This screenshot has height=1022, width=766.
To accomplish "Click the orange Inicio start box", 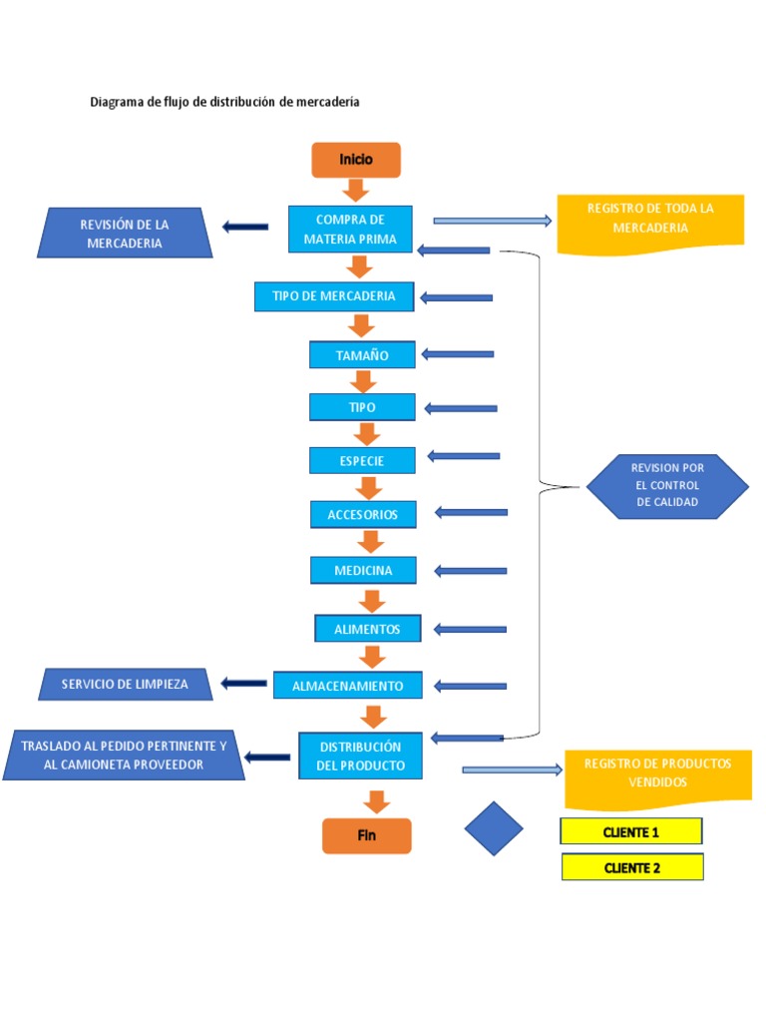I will (356, 160).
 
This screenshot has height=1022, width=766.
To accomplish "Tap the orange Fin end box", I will (366, 835).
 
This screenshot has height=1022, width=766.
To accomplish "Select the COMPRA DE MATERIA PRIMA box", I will (350, 230).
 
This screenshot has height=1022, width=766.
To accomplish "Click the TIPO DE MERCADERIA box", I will (333, 296).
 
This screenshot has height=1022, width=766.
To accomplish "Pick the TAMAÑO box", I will (362, 354).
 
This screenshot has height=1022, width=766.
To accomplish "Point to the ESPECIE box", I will (361, 460).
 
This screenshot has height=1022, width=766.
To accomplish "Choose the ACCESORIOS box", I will (362, 515).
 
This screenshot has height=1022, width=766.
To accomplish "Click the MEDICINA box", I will (363, 571).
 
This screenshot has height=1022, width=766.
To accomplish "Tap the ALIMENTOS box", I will (367, 629).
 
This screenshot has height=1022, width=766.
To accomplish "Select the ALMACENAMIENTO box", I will (347, 686).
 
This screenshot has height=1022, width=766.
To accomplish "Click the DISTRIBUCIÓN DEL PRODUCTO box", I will (360, 757).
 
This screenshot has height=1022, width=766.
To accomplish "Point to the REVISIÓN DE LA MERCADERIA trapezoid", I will (125, 234).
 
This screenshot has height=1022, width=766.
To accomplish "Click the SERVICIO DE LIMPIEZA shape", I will (125, 685).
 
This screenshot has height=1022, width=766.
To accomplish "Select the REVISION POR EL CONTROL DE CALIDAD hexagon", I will (667, 486).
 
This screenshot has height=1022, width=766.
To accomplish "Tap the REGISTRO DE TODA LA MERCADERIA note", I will (650, 219).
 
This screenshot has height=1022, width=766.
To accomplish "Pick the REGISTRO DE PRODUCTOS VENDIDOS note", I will (657, 773).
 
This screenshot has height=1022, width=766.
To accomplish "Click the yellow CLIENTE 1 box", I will (631, 831).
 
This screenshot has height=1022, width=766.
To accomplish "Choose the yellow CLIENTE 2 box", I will (632, 867).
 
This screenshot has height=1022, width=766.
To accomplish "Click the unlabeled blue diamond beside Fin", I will (494, 828).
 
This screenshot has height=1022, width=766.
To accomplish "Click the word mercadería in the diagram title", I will (329, 102).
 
